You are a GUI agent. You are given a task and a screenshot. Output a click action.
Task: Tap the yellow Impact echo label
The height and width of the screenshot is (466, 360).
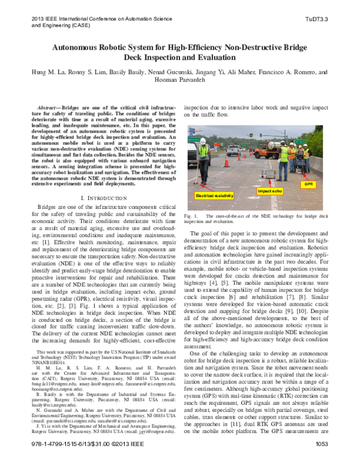click(x=271, y=191)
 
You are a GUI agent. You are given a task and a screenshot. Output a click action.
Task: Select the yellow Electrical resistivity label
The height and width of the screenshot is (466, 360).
click(x=212, y=196)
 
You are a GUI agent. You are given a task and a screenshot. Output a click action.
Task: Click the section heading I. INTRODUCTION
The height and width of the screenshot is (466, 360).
click(x=104, y=198)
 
